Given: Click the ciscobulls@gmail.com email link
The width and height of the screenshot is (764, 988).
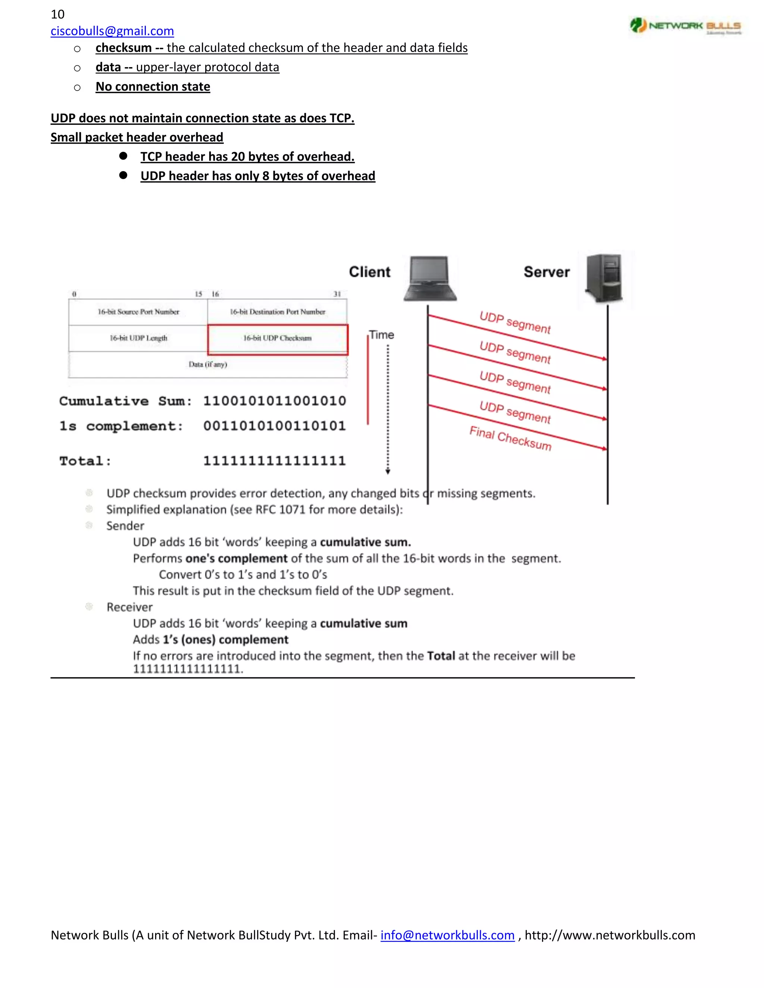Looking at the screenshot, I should click(x=112, y=31).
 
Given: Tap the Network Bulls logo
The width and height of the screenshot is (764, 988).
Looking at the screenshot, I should click(x=685, y=26).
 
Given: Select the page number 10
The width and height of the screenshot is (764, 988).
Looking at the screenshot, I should click(x=57, y=14).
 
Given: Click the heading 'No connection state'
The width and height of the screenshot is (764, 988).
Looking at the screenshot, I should click(x=153, y=86).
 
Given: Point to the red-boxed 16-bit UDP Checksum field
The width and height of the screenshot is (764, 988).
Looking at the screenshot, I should click(x=278, y=339).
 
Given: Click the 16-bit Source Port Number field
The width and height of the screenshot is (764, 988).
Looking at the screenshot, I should click(x=138, y=312).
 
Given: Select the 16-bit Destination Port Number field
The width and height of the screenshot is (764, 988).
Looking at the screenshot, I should click(x=277, y=312).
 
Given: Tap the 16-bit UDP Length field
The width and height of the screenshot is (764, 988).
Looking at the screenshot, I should click(x=138, y=338).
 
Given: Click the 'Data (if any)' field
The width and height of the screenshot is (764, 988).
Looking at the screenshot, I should click(x=208, y=364).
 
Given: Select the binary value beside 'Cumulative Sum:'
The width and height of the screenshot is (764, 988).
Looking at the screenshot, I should click(x=274, y=401).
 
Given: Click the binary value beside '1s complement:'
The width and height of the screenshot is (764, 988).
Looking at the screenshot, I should click(x=274, y=426).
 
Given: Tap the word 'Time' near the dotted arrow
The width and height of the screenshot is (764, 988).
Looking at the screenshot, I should click(x=382, y=335).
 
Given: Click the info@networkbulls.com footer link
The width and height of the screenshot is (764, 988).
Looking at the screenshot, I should click(x=447, y=935).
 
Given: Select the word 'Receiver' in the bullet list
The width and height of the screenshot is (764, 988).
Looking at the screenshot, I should click(x=129, y=607).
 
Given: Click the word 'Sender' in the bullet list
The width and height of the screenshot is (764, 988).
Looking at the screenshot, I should click(x=125, y=526).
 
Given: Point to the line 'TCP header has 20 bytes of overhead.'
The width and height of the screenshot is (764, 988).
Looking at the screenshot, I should click(x=247, y=157).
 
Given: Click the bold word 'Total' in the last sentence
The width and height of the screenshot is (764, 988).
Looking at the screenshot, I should click(x=441, y=656).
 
